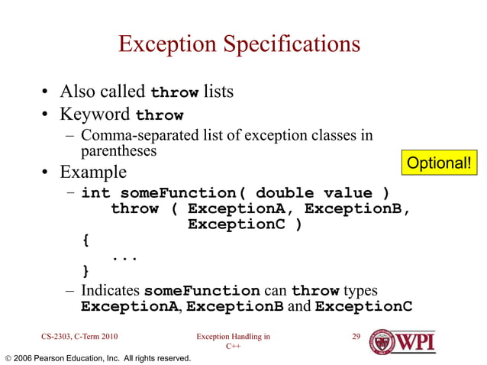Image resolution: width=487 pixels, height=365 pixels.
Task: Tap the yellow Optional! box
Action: point(439,163)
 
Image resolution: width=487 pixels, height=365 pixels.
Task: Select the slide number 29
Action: point(355,336)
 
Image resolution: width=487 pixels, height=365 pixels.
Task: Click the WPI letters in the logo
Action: point(416,341)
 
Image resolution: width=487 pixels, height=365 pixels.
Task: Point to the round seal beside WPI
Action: point(382,341)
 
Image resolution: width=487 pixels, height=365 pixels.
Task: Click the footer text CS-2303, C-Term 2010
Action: point(79,336)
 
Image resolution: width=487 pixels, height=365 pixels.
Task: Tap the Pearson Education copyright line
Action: point(98,357)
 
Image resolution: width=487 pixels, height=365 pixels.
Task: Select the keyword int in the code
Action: point(95,192)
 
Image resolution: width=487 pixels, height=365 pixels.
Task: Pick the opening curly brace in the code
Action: point(85,241)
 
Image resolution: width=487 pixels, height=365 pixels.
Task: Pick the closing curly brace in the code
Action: point(85,273)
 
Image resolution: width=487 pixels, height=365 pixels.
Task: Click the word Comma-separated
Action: point(131,136)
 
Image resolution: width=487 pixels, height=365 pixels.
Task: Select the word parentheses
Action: point(118,151)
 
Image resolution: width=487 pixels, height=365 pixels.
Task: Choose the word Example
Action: point(94,172)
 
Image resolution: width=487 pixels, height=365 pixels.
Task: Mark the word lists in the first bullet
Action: point(218,92)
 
